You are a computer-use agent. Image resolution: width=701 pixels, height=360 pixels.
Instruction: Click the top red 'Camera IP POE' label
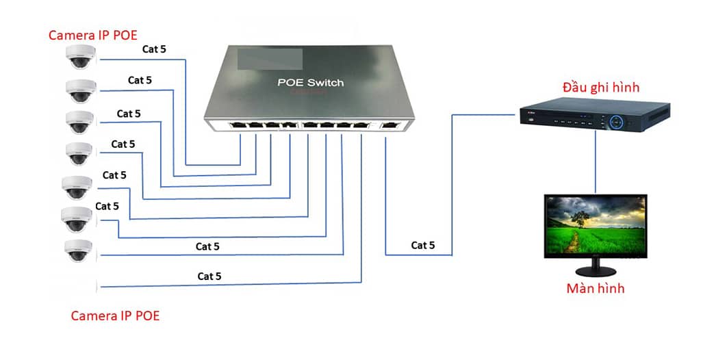coord(92,35)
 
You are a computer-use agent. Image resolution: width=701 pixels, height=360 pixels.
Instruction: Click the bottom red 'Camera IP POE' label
coord(115,316)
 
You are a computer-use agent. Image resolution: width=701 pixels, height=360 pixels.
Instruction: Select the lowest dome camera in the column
coord(78,250)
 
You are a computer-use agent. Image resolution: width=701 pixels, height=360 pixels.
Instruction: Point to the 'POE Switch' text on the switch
coord(310,83)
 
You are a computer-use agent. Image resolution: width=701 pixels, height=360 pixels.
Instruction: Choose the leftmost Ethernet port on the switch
coord(240,126)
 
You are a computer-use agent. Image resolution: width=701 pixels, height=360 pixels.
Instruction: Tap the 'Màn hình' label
coord(595,288)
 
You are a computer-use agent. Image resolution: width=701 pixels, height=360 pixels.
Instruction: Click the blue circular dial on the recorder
coord(617,121)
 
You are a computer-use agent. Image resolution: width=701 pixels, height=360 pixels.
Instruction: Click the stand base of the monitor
coord(594,271)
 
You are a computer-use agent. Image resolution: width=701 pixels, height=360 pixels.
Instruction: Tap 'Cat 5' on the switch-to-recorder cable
coord(422,245)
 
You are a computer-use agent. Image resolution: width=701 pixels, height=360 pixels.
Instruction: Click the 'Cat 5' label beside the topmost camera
coord(154,49)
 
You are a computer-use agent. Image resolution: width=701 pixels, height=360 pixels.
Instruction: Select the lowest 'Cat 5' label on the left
coord(209,277)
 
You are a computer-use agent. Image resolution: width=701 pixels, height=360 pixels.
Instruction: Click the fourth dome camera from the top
coord(79,153)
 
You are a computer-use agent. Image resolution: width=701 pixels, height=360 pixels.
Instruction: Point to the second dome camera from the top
coord(80,90)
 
